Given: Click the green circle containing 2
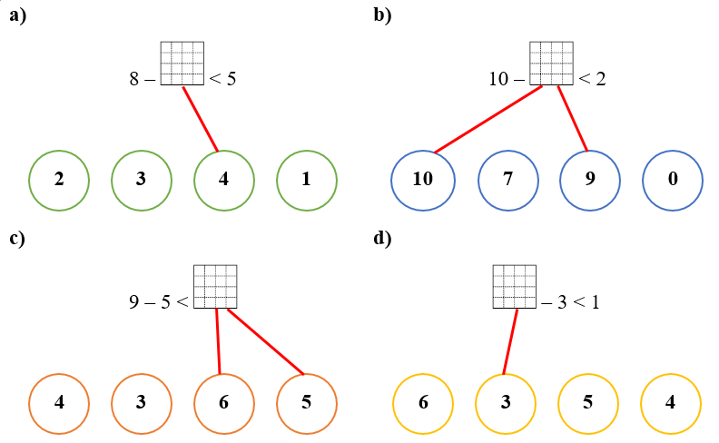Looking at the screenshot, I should (x=59, y=179).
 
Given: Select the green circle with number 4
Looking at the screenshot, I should (x=224, y=179).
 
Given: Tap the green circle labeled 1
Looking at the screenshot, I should (x=307, y=179).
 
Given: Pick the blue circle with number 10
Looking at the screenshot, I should (x=422, y=179).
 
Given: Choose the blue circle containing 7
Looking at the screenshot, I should (x=508, y=179).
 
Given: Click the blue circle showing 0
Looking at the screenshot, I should (x=673, y=179).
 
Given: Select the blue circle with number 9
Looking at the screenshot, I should (x=590, y=179).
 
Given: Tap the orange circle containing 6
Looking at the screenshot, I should (x=224, y=401).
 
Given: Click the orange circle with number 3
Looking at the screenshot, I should (x=142, y=401).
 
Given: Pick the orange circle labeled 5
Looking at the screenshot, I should (x=307, y=401).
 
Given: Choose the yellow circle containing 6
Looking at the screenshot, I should (x=422, y=401).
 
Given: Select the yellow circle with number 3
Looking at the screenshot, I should (x=506, y=401).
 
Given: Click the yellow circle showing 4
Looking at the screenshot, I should (x=671, y=401).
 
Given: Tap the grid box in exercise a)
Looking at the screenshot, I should (x=182, y=64).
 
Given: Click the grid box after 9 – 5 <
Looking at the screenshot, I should (x=215, y=287).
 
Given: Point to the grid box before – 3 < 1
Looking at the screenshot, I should (x=515, y=287).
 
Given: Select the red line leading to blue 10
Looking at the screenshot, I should (x=488, y=120).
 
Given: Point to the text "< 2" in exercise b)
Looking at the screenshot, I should (x=592, y=79).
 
